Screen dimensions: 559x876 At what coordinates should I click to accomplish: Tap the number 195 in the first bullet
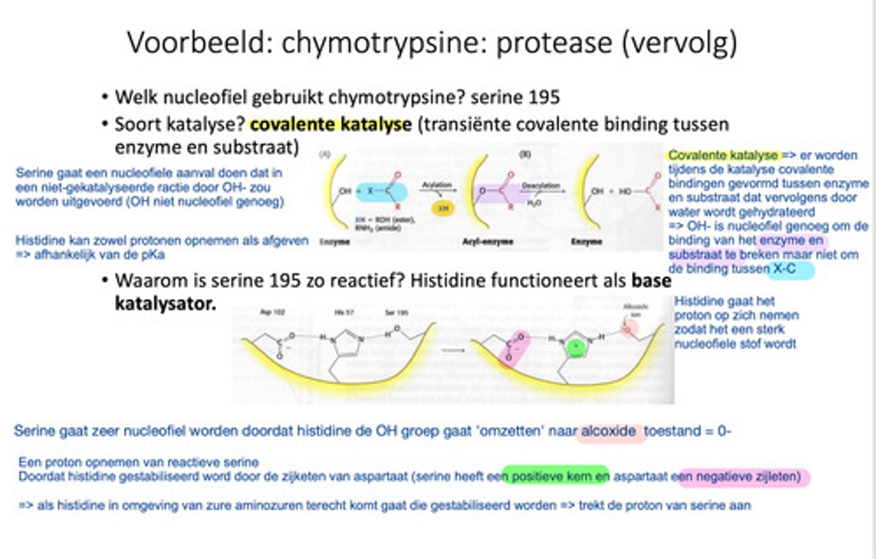pos(544,97)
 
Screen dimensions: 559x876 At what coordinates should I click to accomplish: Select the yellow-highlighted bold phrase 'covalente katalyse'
pos(330,124)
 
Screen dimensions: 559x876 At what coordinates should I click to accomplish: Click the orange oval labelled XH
pos(443,208)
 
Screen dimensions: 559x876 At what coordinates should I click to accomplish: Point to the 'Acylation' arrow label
pos(437,185)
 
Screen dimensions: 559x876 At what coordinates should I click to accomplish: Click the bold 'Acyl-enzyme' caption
pos(488,242)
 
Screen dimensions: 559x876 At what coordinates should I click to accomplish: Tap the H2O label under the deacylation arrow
pos(534,203)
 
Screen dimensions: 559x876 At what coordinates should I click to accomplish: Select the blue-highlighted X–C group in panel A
pos(381,192)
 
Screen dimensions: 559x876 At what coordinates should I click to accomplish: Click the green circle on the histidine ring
pos(575,348)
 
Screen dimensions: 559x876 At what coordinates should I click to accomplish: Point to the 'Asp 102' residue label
pos(272,312)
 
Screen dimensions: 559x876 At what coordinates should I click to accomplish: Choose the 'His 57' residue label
pos(345,312)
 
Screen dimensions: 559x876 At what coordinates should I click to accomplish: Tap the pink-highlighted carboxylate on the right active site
pos(515,348)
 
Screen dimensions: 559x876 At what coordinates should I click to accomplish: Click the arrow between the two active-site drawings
pos(452,350)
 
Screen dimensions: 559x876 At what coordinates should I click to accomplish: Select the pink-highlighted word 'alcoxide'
pos(609,431)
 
